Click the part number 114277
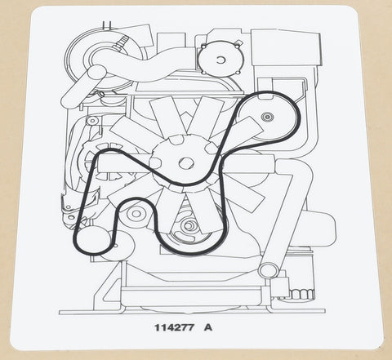175,327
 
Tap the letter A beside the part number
208,327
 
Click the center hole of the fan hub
186,163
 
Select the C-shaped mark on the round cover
220,60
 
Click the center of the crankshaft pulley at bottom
189,225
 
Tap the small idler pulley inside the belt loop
136,214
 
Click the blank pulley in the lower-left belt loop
94,239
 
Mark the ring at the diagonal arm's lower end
269,271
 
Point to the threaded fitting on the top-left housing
122,42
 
